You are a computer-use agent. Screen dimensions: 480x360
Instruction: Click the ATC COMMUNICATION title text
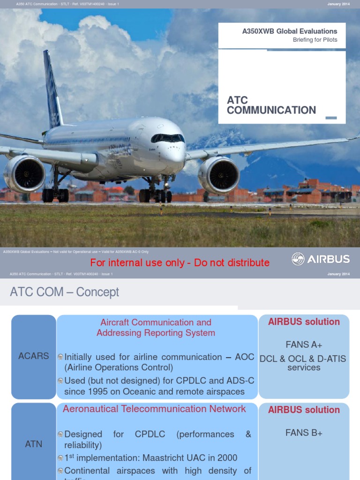pos(271,105)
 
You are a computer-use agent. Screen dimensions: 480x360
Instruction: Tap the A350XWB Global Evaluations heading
pos(289,31)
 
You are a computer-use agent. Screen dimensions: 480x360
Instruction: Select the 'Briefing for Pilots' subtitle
pos(315,40)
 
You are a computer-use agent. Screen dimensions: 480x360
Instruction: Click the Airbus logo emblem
pos(298,259)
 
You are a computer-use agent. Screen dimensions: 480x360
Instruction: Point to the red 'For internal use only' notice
pos(180,263)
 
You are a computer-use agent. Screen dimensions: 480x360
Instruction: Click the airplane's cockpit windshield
pos(167,138)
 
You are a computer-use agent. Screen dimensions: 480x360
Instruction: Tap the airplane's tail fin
pos(52,89)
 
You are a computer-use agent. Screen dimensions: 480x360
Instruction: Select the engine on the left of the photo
pos(24,174)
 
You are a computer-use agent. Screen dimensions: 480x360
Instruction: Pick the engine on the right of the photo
pos(218,175)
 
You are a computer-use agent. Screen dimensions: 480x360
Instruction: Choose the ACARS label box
pos(34,356)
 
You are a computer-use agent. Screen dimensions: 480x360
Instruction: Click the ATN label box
pos(34,444)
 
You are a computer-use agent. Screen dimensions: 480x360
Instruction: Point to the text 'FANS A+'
pos(304,345)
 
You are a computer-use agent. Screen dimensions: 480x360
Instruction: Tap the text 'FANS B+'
pos(304,433)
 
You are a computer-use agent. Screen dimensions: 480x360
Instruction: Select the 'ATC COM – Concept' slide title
pos(64,292)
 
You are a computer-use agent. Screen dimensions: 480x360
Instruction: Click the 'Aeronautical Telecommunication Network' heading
pos(154,409)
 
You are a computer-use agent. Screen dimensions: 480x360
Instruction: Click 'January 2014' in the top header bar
pos(338,4)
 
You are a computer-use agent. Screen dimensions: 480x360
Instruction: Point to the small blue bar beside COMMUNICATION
pos(331,118)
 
